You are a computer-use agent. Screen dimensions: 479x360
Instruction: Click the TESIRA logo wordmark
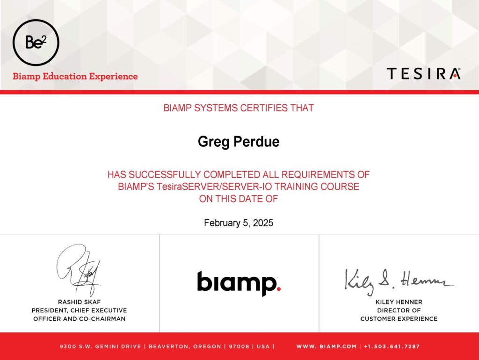click(x=424, y=73)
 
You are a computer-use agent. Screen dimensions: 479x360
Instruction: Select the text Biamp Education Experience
click(x=75, y=76)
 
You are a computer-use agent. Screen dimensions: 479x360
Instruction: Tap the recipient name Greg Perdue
click(x=239, y=142)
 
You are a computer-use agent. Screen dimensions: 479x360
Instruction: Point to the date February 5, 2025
click(x=239, y=223)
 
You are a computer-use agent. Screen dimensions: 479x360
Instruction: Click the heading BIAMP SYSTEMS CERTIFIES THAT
click(x=239, y=108)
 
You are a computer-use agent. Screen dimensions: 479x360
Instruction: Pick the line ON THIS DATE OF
click(x=239, y=199)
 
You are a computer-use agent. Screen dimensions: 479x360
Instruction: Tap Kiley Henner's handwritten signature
click(x=399, y=281)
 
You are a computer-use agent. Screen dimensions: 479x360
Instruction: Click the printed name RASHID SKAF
click(x=80, y=302)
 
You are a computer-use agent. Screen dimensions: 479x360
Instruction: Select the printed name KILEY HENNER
click(x=399, y=302)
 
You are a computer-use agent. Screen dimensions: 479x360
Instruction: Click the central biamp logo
click(x=239, y=283)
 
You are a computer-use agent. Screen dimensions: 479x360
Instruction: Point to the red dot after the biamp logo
click(x=278, y=288)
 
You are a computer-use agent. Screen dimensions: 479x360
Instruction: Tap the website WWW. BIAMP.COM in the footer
click(x=326, y=346)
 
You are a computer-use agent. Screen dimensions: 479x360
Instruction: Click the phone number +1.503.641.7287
click(x=392, y=346)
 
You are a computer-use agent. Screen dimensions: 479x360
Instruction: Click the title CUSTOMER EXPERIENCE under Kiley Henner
click(x=399, y=319)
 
